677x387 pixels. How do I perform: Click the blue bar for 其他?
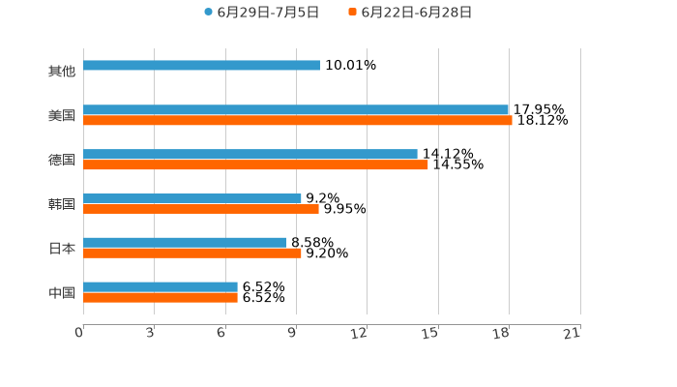[x=201, y=66]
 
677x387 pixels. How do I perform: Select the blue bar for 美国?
[x=296, y=110]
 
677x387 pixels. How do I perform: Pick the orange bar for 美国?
[x=298, y=121]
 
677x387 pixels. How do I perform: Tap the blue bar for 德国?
[x=250, y=155]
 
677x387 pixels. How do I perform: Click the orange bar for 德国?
[x=255, y=165]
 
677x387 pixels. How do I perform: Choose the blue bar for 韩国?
[x=192, y=198]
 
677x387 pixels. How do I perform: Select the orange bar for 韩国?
[x=201, y=209]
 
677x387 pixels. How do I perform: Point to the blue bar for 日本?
[x=185, y=243]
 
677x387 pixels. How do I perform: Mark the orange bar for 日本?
[x=192, y=253]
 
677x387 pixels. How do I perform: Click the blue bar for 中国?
[x=161, y=287]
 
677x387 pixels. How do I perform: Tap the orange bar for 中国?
[x=161, y=298]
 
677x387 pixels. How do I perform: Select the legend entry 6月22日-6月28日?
[x=416, y=13]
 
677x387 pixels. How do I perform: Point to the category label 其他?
[x=62, y=72]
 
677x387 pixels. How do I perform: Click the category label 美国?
[x=62, y=116]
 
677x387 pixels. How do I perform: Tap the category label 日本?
[x=62, y=249]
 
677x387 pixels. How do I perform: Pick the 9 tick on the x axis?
[x=292, y=333]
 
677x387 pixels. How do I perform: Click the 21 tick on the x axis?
[x=573, y=333]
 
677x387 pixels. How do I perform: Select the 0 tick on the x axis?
[x=80, y=333]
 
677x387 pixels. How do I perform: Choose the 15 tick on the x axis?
[x=431, y=333]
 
